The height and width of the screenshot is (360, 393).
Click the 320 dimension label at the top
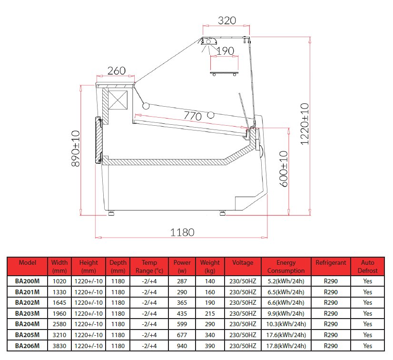[x=227, y=20]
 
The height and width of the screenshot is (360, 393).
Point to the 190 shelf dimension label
[x=225, y=51]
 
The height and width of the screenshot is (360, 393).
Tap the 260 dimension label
[x=117, y=71]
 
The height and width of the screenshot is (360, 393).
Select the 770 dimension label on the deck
[x=193, y=116]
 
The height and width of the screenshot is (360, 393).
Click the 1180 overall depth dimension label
[x=182, y=232]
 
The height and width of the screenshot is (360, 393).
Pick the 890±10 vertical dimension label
[x=76, y=149]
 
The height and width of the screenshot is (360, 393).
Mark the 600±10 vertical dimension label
[x=284, y=169]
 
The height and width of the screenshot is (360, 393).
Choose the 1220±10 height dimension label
[x=305, y=124]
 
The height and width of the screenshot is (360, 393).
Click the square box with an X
[x=118, y=100]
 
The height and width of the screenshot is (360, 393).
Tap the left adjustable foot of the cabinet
[x=111, y=213]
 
